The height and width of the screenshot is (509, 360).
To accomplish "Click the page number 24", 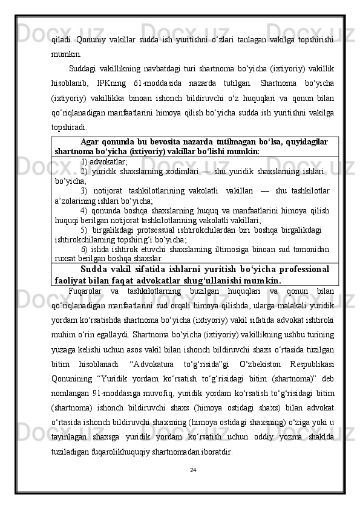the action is [180, 470].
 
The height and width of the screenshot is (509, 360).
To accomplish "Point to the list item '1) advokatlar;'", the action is [103, 162].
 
